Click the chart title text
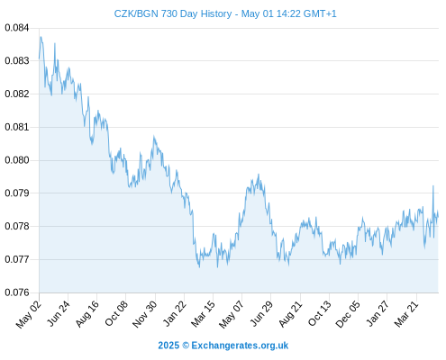coord(225,13)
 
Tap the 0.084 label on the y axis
coord(17,28)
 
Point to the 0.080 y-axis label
coord(17,160)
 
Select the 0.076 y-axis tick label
coord(17,292)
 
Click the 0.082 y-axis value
coord(17,94)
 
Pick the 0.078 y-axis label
coord(17,226)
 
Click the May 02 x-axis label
coord(29,314)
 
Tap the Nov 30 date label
coord(145,314)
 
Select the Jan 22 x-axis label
coord(174,314)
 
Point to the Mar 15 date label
coord(203,314)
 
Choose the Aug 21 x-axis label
coord(290,314)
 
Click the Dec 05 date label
coord(348,314)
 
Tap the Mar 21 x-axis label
coord(406,314)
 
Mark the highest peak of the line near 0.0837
coord(41,37)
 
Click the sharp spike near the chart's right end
coord(433,185)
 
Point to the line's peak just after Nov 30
coord(154,136)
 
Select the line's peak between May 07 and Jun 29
coord(259,174)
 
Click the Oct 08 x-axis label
coord(116,314)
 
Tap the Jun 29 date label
coord(261,314)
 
